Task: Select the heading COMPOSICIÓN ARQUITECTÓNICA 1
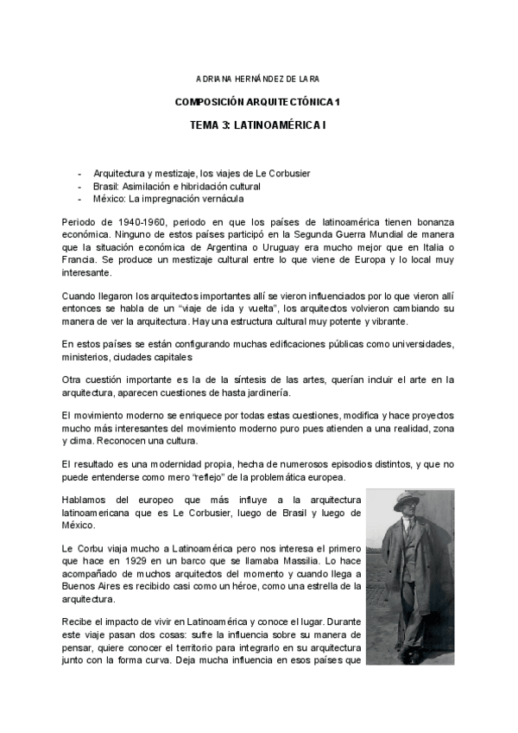pyautogui.click(x=258, y=102)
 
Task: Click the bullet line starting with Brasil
pyautogui.click(x=177, y=186)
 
